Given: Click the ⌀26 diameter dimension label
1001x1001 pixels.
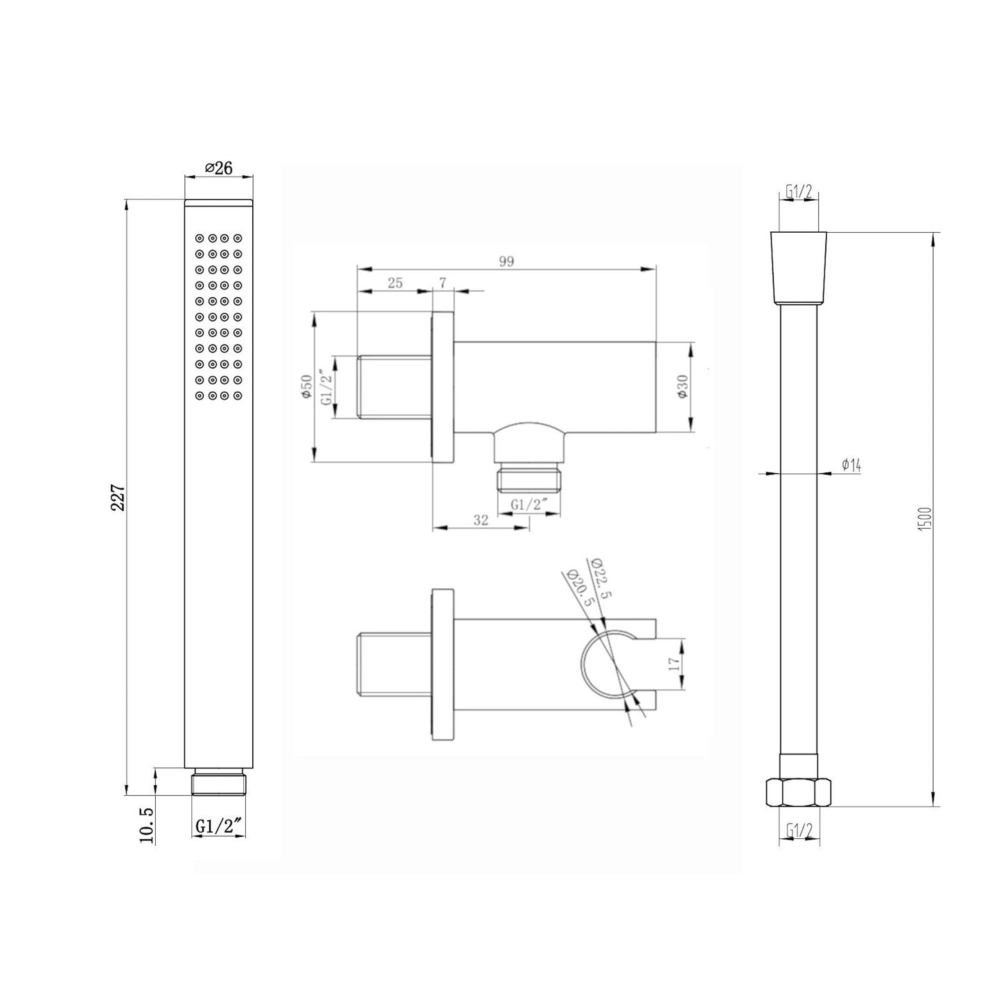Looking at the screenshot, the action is click(x=218, y=168).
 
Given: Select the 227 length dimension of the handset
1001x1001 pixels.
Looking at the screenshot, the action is click(x=118, y=497).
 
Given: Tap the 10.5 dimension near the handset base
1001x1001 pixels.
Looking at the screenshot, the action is click(x=147, y=826).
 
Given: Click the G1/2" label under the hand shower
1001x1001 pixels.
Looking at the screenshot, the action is click(x=219, y=825).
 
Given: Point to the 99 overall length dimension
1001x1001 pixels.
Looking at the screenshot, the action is click(x=506, y=261).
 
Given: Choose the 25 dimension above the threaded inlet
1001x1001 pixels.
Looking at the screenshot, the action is click(x=395, y=283).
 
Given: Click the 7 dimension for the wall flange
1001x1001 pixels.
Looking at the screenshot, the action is click(x=443, y=283).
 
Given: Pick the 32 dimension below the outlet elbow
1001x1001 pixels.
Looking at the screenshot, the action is click(x=481, y=520).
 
